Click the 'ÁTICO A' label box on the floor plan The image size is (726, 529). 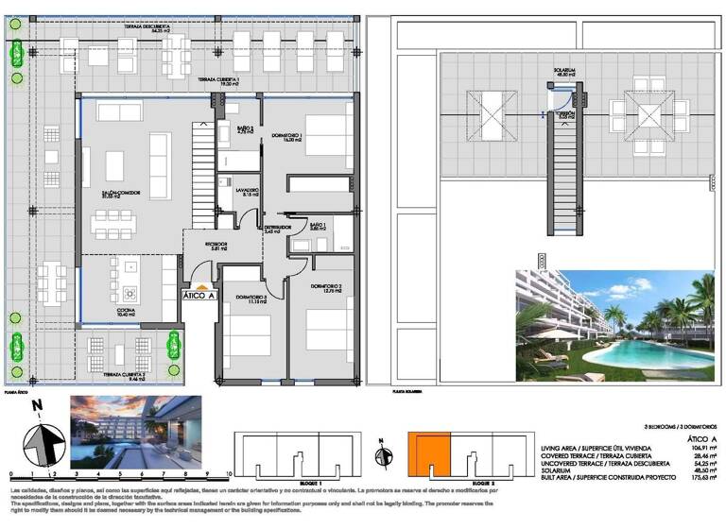point(200,294)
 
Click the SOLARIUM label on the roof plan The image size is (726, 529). point(565,70)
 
